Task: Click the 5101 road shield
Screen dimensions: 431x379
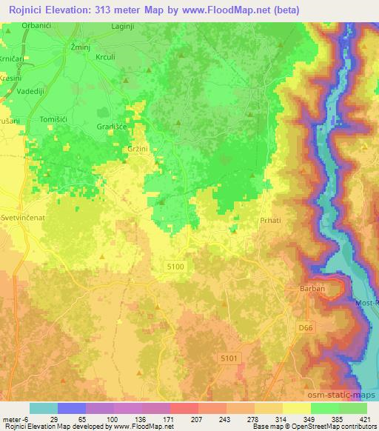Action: click(x=229, y=358)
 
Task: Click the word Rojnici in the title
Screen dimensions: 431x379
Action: click(x=24, y=9)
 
